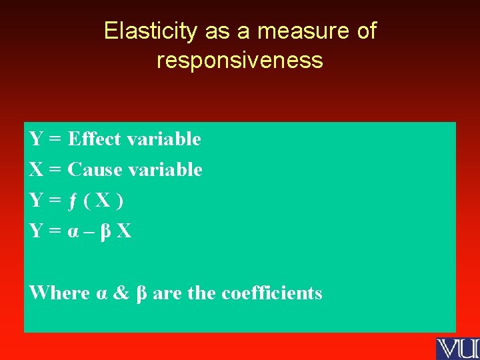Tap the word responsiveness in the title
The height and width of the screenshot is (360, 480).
240,61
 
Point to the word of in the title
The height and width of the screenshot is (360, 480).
365,31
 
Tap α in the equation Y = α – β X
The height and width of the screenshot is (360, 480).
72,232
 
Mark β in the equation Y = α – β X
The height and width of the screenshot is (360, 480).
105,232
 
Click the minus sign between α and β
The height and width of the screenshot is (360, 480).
88,232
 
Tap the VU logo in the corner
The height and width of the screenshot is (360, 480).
457,349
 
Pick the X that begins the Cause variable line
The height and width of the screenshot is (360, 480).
36,170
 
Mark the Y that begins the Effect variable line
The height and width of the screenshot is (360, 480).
36,139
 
